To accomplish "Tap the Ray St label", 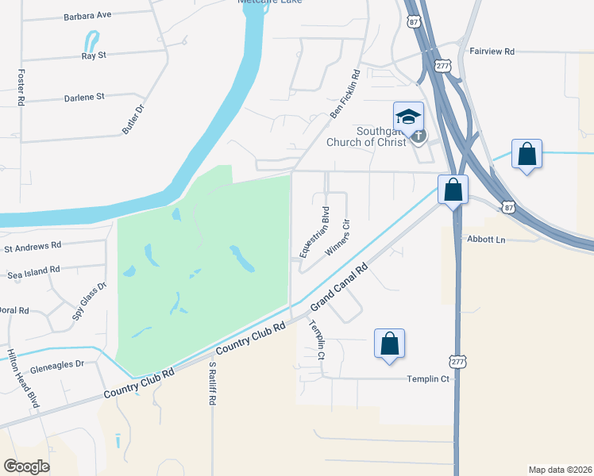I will click(93, 56).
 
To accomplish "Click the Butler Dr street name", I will click(133, 120).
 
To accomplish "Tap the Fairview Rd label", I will click(492, 52).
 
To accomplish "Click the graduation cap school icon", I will click(408, 116).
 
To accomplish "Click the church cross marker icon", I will click(418, 136).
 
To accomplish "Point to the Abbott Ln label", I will click(486, 239).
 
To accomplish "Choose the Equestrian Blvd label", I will click(314, 231).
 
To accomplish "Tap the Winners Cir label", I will click(337, 237).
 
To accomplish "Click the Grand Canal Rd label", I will click(341, 289).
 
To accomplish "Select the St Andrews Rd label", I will click(33, 247).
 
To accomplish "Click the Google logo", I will click(26, 466).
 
